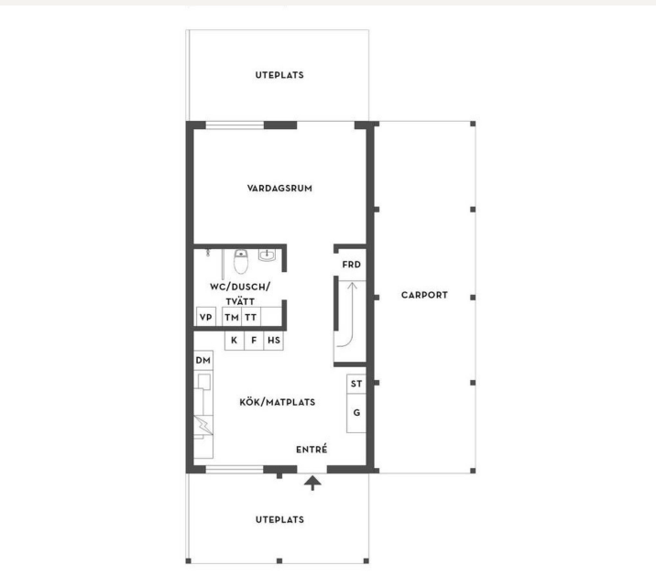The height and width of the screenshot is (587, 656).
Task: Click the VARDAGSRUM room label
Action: click(279, 188)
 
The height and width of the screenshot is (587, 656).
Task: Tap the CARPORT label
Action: click(424, 295)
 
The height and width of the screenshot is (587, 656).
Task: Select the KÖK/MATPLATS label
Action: click(278, 402)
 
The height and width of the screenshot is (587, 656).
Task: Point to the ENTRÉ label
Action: click(312, 450)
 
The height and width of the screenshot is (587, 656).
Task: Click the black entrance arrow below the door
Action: click(312, 483)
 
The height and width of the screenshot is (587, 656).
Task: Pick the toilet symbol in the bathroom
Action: click(241, 261)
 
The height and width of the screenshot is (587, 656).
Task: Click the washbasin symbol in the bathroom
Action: click(267, 255)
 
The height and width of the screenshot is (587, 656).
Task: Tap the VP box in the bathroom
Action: click(206, 317)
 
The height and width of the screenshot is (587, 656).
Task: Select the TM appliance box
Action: click(232, 317)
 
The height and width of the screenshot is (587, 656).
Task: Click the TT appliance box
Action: click(251, 317)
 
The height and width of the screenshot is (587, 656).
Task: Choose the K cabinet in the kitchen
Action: click(235, 341)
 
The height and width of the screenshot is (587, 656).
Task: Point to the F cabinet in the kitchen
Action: click(254, 341)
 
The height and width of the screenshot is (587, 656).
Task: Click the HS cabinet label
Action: click(274, 341)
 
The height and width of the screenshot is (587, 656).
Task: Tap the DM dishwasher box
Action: click(203, 360)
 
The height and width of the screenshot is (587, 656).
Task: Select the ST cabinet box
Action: click(356, 384)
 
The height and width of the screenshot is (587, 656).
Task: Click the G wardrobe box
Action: click(356, 413)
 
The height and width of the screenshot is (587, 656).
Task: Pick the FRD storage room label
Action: click(352, 265)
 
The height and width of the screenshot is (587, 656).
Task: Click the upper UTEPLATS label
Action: click(279, 75)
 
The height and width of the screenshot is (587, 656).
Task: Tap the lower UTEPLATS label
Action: click(279, 519)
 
